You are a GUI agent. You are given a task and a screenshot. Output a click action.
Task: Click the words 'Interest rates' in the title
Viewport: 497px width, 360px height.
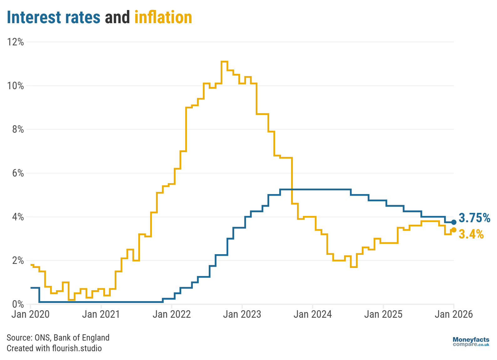pos(54,18)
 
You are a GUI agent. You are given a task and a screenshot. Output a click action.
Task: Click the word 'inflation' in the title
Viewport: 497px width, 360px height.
pos(163,18)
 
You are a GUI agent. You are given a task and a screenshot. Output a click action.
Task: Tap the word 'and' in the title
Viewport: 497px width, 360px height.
pos(117,18)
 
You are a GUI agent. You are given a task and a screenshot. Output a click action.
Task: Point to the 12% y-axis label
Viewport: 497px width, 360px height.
pos(16,42)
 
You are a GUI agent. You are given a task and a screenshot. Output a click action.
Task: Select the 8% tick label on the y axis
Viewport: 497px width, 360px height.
pos(18,129)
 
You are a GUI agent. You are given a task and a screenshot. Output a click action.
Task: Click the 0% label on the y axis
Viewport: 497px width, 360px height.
pos(18,304)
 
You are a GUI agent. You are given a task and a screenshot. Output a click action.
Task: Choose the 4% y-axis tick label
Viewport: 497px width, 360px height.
pos(18,217)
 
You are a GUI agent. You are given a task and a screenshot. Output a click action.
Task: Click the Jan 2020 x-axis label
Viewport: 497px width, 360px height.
pos(30,314)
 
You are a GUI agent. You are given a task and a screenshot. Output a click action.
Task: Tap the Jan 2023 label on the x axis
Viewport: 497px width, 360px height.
pos(242,314)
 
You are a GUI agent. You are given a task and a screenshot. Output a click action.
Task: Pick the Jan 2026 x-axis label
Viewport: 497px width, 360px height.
pos(453,314)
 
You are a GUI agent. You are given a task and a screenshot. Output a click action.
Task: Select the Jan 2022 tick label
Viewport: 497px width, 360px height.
pos(172,314)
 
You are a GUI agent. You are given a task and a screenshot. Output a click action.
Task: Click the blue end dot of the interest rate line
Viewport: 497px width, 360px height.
pos(454,222)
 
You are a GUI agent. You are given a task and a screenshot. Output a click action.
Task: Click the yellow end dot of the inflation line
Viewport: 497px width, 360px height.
pos(454,230)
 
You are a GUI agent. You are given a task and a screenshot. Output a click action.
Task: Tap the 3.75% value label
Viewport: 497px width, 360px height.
pos(474,218)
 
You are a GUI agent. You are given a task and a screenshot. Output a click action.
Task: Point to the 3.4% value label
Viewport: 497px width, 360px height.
pos(471,234)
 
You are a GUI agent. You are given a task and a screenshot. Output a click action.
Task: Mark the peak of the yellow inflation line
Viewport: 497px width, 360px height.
pos(224,62)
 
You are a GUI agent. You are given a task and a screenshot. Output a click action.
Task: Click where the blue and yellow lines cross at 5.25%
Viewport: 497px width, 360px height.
pos(292,189)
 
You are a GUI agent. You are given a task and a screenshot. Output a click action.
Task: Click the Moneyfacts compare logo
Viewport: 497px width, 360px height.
pos(471,342)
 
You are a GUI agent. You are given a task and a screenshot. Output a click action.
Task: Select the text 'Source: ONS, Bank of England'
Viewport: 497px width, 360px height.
pos(58,337)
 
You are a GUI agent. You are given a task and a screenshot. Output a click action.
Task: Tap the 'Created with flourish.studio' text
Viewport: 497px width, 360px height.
pos(54,348)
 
